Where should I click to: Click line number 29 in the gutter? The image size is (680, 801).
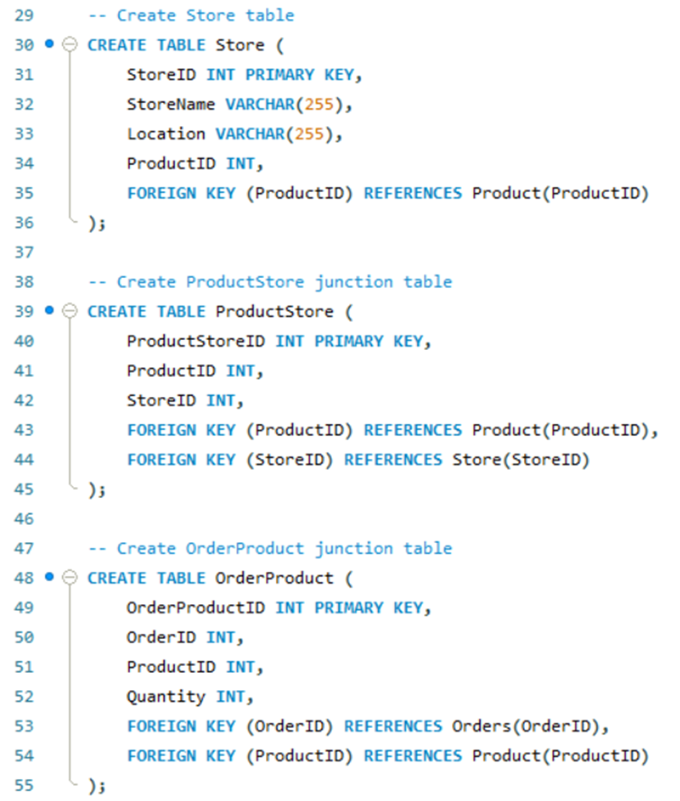click(x=23, y=15)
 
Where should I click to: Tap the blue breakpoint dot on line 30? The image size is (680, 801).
click(x=49, y=44)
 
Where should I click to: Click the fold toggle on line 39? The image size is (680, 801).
click(x=70, y=311)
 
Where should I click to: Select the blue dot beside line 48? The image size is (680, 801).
click(x=49, y=576)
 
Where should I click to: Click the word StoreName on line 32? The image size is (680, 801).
click(x=171, y=105)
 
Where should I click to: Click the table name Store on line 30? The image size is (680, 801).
click(x=241, y=45)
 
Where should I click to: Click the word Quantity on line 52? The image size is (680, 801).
click(x=166, y=696)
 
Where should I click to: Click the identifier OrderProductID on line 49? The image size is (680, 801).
click(x=196, y=607)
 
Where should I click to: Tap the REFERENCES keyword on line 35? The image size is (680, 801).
click(x=413, y=193)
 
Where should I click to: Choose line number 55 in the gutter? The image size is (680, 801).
click(x=23, y=786)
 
